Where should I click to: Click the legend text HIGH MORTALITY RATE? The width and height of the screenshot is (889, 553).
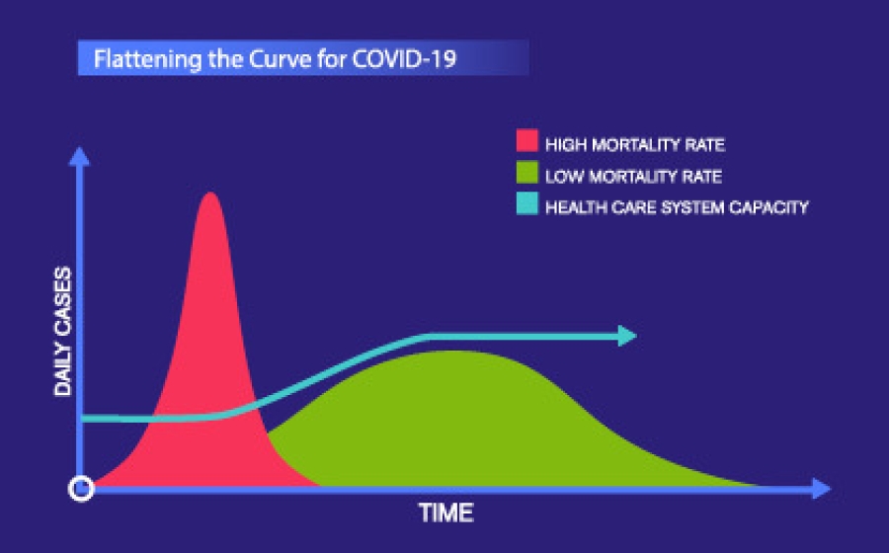[x=635, y=145]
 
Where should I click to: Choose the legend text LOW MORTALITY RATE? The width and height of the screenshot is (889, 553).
[x=633, y=177]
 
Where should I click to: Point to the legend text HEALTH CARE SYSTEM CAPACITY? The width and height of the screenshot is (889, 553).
[x=677, y=207]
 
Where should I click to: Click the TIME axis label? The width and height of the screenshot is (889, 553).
[x=446, y=513]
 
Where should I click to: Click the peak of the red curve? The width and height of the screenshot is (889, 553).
[x=209, y=194]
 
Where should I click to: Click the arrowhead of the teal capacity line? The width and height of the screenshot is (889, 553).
[x=626, y=337]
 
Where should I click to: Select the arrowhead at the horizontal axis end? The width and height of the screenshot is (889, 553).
[x=822, y=488]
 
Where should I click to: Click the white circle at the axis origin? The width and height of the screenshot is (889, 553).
[x=82, y=488]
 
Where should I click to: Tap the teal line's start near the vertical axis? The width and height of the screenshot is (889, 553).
[x=86, y=419]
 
